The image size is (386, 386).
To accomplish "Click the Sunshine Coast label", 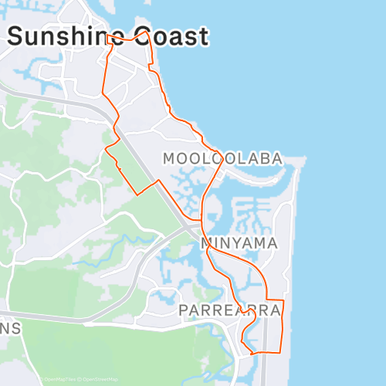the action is coord(108,36).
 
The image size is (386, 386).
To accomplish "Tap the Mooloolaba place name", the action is coord(222,158).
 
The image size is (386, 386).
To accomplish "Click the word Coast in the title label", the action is coord(171,36).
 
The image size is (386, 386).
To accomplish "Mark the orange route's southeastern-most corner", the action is coord(283,352).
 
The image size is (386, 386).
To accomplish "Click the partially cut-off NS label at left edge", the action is coord(11,327).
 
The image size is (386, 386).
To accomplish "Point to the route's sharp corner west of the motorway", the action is coord(137,195).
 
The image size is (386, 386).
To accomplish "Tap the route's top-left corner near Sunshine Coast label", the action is coord(107,36).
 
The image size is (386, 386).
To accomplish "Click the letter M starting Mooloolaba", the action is coord(170,158).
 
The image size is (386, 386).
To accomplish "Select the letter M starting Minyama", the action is coord(207,243).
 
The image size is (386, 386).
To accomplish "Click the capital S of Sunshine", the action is coord(16,36).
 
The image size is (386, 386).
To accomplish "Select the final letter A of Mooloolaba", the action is coord(276,158).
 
